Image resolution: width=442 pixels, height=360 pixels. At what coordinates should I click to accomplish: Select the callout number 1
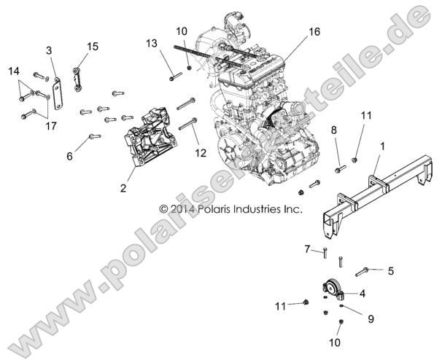[382, 146]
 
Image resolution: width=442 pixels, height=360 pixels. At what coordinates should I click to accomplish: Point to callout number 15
[93, 47]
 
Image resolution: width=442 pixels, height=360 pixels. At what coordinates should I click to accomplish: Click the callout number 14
[14, 70]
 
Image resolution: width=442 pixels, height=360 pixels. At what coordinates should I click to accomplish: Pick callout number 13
[151, 44]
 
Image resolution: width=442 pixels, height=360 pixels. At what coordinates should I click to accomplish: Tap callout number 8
[334, 130]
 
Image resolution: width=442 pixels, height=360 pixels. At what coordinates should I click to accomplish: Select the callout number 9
[371, 318]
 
